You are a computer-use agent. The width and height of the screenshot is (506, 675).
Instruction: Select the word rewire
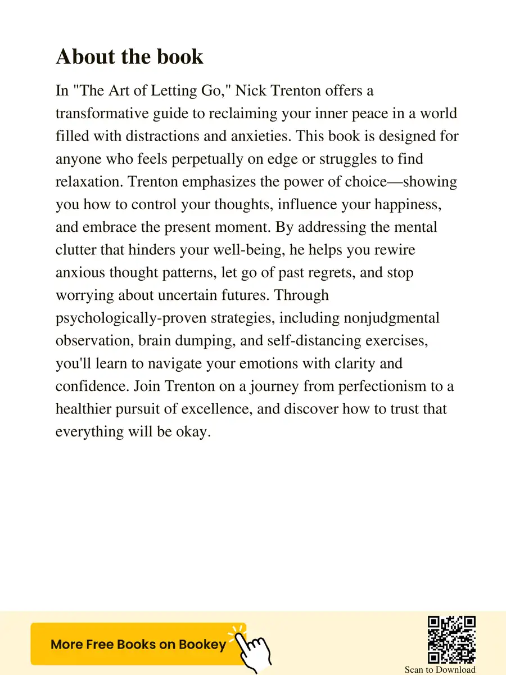click(393, 250)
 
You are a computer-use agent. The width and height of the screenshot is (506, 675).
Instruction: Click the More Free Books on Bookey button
click(138, 645)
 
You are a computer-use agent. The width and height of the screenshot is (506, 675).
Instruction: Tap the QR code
click(451, 640)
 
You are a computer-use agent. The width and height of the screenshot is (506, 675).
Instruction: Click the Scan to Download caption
click(440, 669)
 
